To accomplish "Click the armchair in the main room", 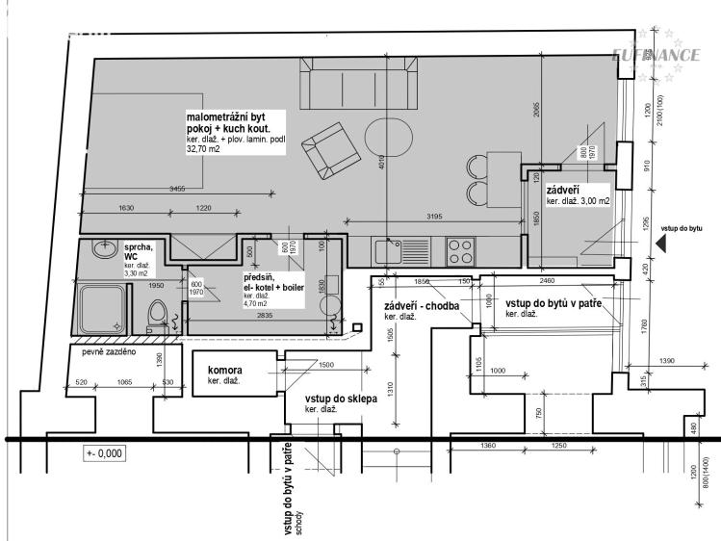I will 333,151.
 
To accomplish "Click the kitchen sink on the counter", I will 391,252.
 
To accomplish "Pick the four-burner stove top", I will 459,251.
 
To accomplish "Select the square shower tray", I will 103,308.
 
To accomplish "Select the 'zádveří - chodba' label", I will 420,306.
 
